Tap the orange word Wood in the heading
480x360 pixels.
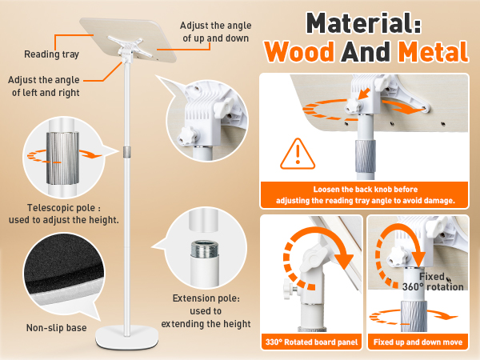tap(299, 51)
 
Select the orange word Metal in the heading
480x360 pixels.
tap(433, 51)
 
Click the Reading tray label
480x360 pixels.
tap(51, 54)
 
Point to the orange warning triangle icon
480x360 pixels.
tap(298, 154)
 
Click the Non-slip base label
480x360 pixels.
tap(56, 328)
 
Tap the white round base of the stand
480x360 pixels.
tap(126, 337)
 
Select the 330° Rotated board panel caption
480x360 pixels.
tap(311, 342)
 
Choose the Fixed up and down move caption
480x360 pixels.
tap(418, 342)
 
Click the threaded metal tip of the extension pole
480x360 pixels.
tap(205, 249)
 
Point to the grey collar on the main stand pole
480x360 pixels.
tap(126, 152)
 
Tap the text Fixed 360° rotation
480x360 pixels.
tap(433, 282)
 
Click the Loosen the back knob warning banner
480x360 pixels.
tap(364, 195)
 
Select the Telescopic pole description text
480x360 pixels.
tap(64, 214)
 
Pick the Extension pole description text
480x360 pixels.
tap(206, 310)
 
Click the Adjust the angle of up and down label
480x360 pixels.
tap(215, 32)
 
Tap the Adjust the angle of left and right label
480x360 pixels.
tap(44, 86)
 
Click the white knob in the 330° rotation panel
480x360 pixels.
tap(290, 289)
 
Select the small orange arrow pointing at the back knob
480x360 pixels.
tap(365, 94)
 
